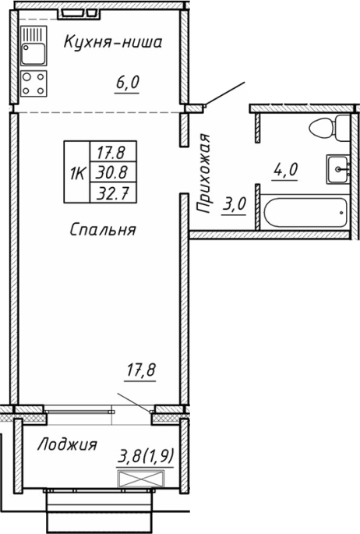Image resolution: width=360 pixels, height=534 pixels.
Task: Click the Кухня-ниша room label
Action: click(113, 42)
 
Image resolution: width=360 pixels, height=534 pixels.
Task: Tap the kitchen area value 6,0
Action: click(127, 83)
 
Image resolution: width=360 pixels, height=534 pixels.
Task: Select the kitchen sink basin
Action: click(33, 54)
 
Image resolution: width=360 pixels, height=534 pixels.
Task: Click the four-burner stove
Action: click(34, 83)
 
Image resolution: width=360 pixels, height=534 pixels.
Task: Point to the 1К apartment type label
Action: click(78, 173)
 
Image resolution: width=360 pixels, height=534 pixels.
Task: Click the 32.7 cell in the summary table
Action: click(113, 193)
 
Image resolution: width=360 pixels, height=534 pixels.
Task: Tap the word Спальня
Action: click(103, 229)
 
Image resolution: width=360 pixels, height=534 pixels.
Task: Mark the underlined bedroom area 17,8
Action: click(140, 370)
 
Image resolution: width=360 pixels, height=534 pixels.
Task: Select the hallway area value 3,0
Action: click(234, 205)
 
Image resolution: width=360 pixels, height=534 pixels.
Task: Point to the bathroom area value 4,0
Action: click(284, 169)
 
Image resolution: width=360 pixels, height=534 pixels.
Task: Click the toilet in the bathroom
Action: click(330, 128)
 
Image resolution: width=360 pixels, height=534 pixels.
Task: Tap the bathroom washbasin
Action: click(338, 169)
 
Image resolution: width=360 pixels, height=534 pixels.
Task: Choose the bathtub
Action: click(305, 213)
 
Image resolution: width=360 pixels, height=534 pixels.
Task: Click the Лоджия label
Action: click(67, 444)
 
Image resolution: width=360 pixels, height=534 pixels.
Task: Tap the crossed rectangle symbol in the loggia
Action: click(140, 479)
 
